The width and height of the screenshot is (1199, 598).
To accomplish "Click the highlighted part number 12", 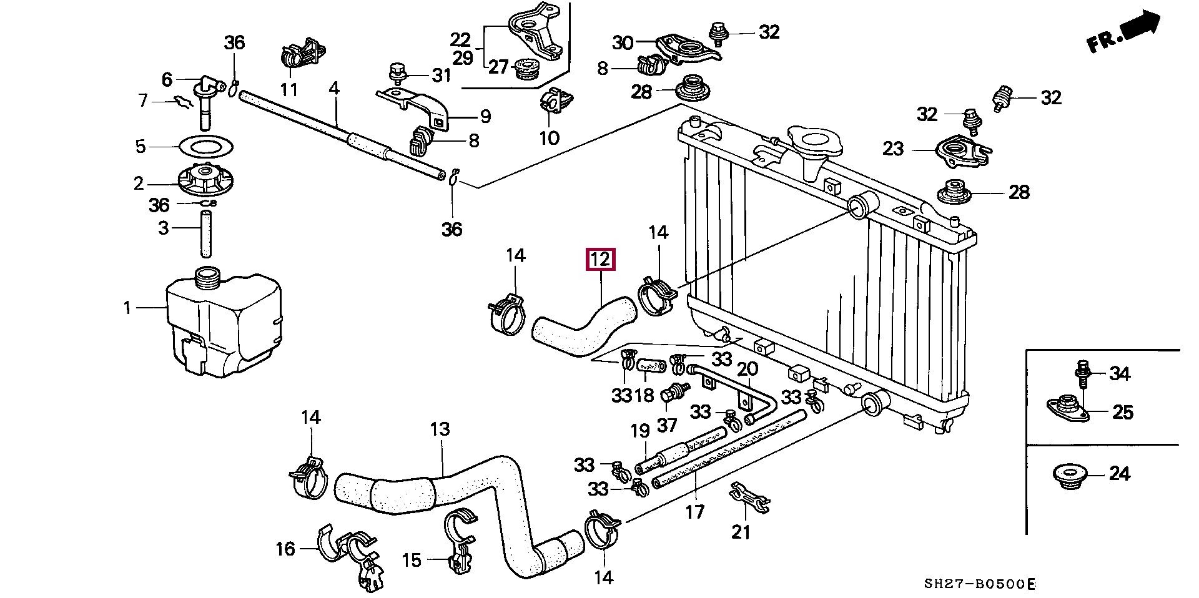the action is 600,259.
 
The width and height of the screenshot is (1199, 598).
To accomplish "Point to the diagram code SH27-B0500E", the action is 979,585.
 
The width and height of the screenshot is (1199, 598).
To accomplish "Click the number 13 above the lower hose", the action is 440,429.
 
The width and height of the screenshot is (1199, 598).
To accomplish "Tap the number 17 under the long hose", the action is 694,512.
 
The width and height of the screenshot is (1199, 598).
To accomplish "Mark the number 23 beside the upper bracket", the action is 894,149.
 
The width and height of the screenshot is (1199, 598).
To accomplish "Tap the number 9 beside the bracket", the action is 486,116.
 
